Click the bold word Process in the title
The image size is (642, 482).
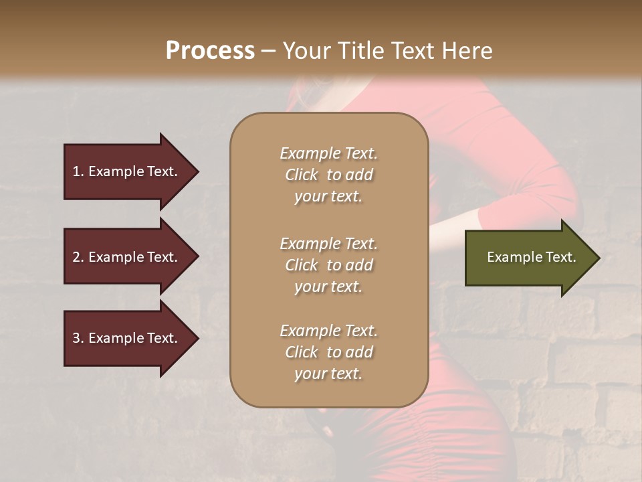coord(210,51)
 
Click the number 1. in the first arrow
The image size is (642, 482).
coord(78,171)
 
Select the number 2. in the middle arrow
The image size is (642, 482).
coord(78,257)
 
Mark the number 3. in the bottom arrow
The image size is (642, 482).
coord(78,338)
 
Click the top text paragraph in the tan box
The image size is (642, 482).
coord(328,175)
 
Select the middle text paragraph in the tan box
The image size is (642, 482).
coord(328,264)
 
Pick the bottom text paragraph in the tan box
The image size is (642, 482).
coord(328,352)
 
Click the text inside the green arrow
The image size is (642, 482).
coord(531,257)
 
